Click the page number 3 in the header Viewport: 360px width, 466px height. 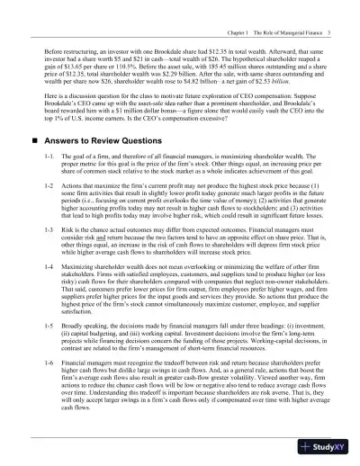tap(331, 9)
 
